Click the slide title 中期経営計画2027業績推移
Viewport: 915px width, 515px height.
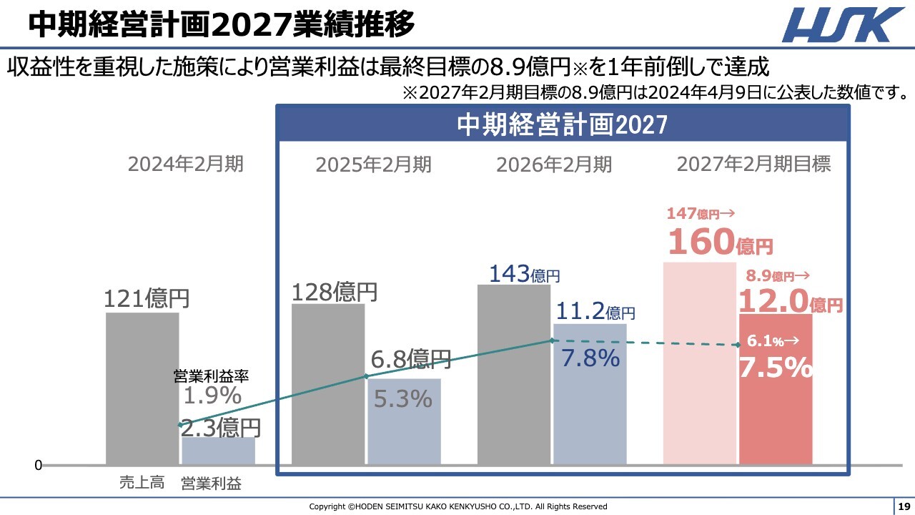tap(222, 25)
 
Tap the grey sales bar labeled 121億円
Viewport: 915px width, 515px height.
tap(142, 390)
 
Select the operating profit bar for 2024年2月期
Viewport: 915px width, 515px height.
tap(218, 451)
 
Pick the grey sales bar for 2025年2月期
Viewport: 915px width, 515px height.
tap(328, 386)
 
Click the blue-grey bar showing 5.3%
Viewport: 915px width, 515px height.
tap(404, 422)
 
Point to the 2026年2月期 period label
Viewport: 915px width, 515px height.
tap(554, 165)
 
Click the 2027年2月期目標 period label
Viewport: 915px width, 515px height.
tap(753, 165)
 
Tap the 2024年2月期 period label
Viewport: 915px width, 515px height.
tap(186, 165)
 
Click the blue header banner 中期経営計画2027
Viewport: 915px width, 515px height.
tap(563, 124)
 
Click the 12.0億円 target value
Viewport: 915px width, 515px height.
tap(790, 301)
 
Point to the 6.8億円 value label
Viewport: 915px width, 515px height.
tap(410, 359)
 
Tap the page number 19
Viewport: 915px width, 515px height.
tap(904, 506)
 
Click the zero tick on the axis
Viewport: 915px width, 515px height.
tap(39, 466)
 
